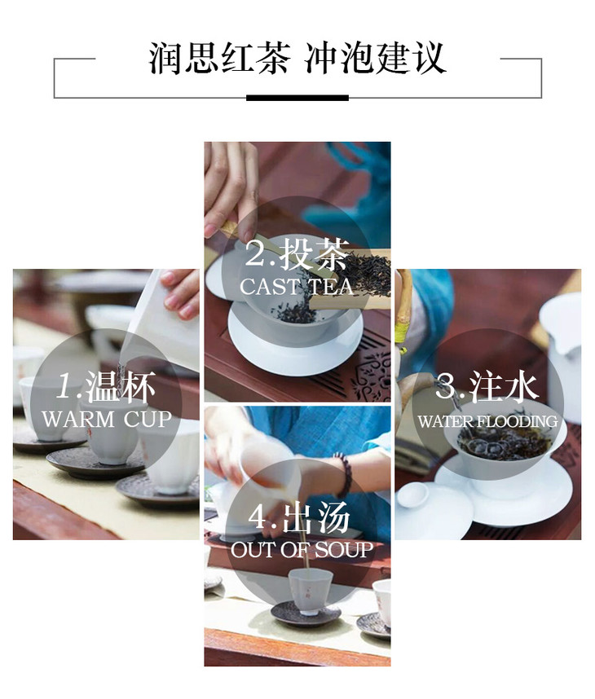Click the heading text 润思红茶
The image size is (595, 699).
coord(219,58)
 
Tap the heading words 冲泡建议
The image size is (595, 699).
coord(375,58)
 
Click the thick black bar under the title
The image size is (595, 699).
coord(297,98)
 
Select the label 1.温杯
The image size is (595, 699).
coord(106,385)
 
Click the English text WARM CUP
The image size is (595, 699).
coord(107,419)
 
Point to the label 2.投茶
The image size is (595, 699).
coord(297,254)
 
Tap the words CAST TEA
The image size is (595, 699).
coord(297,287)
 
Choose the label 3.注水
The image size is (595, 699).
coord(487,386)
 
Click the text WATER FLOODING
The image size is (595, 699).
coord(487,421)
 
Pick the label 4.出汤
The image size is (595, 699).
coord(298,517)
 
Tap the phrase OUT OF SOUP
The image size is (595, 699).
coord(302,550)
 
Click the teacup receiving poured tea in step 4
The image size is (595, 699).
coord(310,591)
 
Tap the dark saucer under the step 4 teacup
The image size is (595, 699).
coord(306,615)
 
